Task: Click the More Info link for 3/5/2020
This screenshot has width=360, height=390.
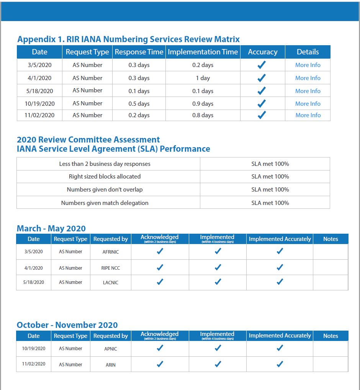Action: pos(308,65)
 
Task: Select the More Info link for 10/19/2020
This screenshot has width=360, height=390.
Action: pos(308,104)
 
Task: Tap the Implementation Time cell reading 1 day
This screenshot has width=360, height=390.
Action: pos(203,78)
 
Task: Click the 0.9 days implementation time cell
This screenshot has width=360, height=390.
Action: pos(203,104)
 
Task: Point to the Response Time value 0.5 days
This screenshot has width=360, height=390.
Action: pos(139,104)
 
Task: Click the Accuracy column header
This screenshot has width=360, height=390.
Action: pos(262,52)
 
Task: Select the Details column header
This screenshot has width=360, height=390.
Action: pos(308,52)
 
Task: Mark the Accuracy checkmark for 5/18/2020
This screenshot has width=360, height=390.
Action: pos(262,91)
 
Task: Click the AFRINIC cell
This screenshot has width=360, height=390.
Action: pos(110,252)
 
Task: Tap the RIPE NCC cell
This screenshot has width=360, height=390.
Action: pos(110,268)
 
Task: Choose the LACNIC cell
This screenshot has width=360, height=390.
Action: pos(110,283)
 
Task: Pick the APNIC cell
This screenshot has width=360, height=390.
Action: pos(110,349)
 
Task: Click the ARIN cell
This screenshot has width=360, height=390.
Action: pos(110,365)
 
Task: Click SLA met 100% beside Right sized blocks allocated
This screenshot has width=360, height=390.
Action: pos(270,177)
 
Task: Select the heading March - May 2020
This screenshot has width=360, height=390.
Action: pos(51,229)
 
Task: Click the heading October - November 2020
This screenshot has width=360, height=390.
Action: pos(67,325)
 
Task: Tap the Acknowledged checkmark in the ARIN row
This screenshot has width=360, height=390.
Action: pos(160,364)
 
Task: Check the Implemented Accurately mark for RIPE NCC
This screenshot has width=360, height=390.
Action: pos(280,267)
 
